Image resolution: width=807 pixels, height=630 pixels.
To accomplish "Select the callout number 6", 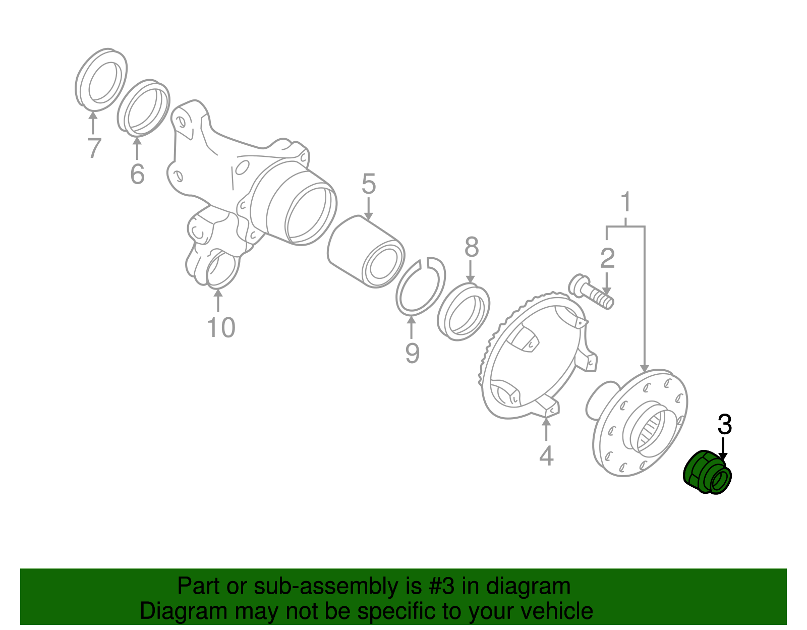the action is pyautogui.click(x=137, y=175).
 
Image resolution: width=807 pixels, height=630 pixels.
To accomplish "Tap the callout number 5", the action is pyautogui.click(x=369, y=184).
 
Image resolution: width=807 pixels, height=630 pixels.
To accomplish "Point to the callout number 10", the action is pyautogui.click(x=221, y=328).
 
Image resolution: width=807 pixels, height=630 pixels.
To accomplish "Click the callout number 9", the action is pyautogui.click(x=412, y=353).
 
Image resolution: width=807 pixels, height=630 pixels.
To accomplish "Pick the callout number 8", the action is pyautogui.click(x=471, y=248).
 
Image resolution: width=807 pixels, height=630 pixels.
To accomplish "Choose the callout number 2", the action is pyautogui.click(x=607, y=258).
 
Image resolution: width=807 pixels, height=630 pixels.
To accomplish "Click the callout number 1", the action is pyautogui.click(x=625, y=202).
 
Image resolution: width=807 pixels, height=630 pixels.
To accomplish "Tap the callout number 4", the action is pyautogui.click(x=546, y=456).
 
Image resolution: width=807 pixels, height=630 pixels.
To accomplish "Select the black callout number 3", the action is pyautogui.click(x=724, y=425).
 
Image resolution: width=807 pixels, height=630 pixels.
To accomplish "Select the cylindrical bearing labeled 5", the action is pyautogui.click(x=366, y=252).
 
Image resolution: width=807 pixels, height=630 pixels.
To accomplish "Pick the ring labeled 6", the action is pyautogui.click(x=144, y=108).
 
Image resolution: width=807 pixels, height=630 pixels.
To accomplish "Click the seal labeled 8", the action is pyautogui.click(x=464, y=312).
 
